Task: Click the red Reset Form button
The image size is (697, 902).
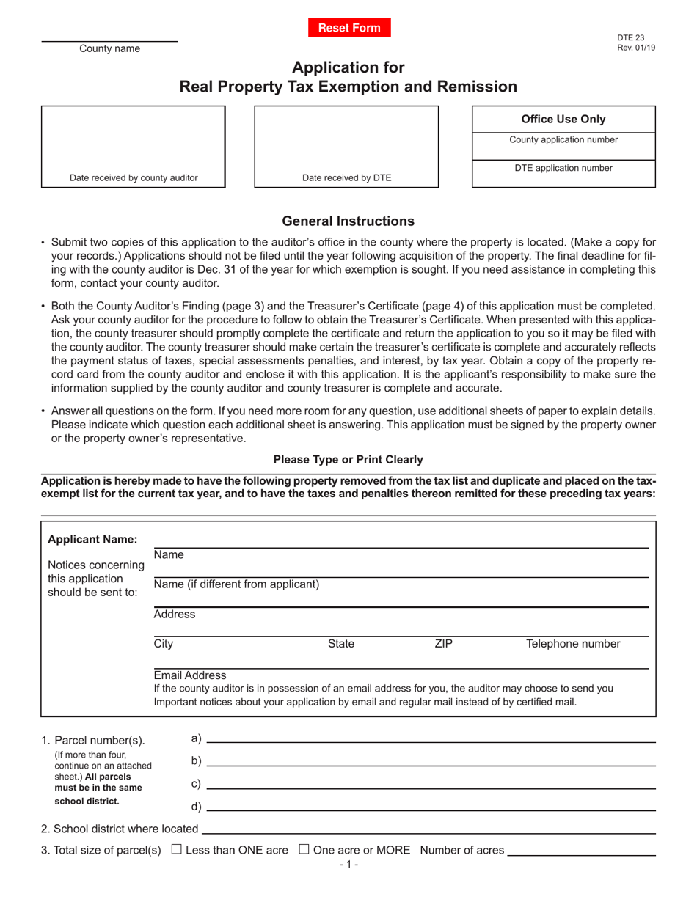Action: [x=349, y=28]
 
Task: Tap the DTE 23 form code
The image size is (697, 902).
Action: [x=631, y=38]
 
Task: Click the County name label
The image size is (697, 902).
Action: [x=110, y=49]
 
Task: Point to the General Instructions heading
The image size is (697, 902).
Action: [x=348, y=221]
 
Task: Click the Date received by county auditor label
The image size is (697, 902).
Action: [x=134, y=177]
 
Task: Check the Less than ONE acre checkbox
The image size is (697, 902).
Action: [x=176, y=850]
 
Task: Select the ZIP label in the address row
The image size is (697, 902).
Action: [x=444, y=645]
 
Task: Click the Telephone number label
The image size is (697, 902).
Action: [x=573, y=645]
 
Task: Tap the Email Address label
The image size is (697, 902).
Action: [x=190, y=675]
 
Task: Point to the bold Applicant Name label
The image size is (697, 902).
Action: [x=92, y=540]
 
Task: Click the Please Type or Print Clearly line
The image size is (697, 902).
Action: [x=348, y=460]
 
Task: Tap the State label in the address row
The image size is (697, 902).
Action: [x=341, y=645]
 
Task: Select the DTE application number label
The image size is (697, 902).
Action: [x=563, y=168]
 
